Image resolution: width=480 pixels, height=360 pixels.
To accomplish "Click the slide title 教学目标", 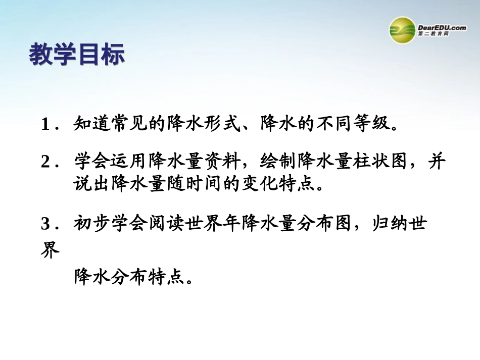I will click(77, 55).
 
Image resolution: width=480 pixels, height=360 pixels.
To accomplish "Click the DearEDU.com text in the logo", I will click(442, 28).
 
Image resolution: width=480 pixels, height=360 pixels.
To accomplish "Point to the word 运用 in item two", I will click(129, 162).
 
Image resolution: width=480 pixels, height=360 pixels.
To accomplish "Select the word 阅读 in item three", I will click(167, 223).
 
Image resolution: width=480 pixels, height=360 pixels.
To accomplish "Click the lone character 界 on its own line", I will click(50, 251).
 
